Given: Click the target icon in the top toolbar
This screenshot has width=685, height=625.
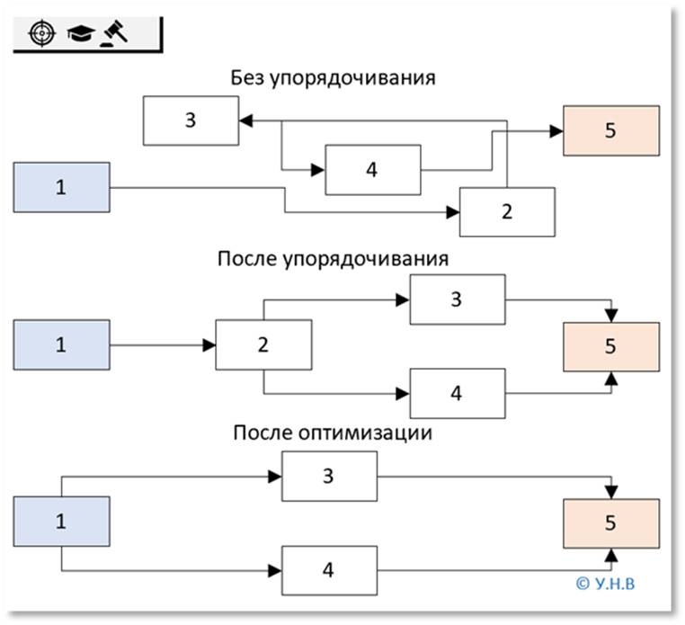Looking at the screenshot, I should (x=40, y=33).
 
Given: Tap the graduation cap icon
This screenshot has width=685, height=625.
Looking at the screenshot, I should (x=79, y=33).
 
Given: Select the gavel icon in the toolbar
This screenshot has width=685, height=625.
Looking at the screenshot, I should (x=115, y=33).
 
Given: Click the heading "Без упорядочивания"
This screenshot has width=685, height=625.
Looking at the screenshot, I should (x=333, y=77).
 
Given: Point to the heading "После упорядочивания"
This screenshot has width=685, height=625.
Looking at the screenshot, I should (x=333, y=259).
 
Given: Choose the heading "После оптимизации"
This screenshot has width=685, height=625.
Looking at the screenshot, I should (x=333, y=433).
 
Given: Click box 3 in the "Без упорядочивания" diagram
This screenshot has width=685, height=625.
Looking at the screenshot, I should (x=191, y=120).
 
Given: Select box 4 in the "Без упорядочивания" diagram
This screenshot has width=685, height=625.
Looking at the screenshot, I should (x=372, y=168).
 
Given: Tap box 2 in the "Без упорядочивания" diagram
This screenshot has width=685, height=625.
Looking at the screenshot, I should (x=507, y=211).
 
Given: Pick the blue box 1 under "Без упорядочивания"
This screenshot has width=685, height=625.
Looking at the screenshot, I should (x=61, y=187).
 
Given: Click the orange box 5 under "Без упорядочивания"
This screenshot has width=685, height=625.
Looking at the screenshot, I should (x=610, y=130).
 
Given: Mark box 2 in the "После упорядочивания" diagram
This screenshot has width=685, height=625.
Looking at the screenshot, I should (x=263, y=344).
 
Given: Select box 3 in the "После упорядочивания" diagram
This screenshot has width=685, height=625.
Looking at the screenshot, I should (x=457, y=299).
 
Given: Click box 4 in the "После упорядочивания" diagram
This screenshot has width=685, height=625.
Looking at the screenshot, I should (x=457, y=393).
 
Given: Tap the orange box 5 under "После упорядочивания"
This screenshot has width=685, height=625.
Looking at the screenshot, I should (x=610, y=346).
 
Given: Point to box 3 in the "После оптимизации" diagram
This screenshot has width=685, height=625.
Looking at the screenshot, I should (x=329, y=476).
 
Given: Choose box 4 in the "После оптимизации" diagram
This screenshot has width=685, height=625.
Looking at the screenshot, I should (x=329, y=570).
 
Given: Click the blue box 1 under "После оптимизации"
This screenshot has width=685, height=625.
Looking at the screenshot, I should (x=61, y=522).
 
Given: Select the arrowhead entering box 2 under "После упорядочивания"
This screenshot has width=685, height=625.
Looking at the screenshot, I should (x=209, y=344).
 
